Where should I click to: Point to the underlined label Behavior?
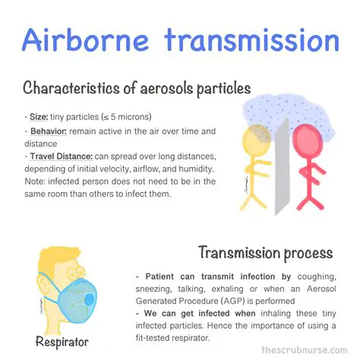pos(47,131)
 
